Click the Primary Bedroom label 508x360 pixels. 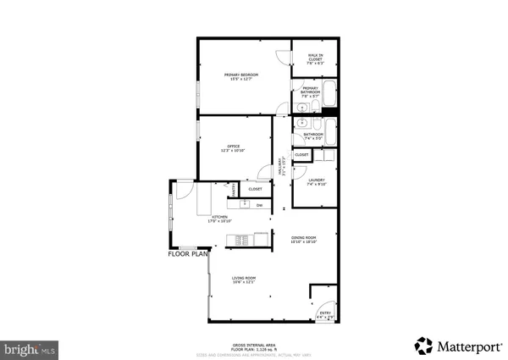tap(240, 77)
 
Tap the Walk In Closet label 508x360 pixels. tap(314, 58)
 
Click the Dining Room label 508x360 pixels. tap(303, 240)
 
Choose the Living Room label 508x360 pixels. tap(244, 280)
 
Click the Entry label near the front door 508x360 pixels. tap(324, 315)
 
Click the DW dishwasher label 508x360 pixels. tap(259, 206)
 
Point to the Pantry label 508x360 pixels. tap(234, 191)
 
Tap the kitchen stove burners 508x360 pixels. tap(240, 239)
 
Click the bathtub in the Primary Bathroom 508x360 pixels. tap(329, 94)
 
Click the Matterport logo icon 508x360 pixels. tap(422, 346)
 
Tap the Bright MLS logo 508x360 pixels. tap(29, 348)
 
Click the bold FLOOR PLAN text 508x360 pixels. tap(188, 253)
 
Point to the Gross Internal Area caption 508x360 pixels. tap(253, 345)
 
